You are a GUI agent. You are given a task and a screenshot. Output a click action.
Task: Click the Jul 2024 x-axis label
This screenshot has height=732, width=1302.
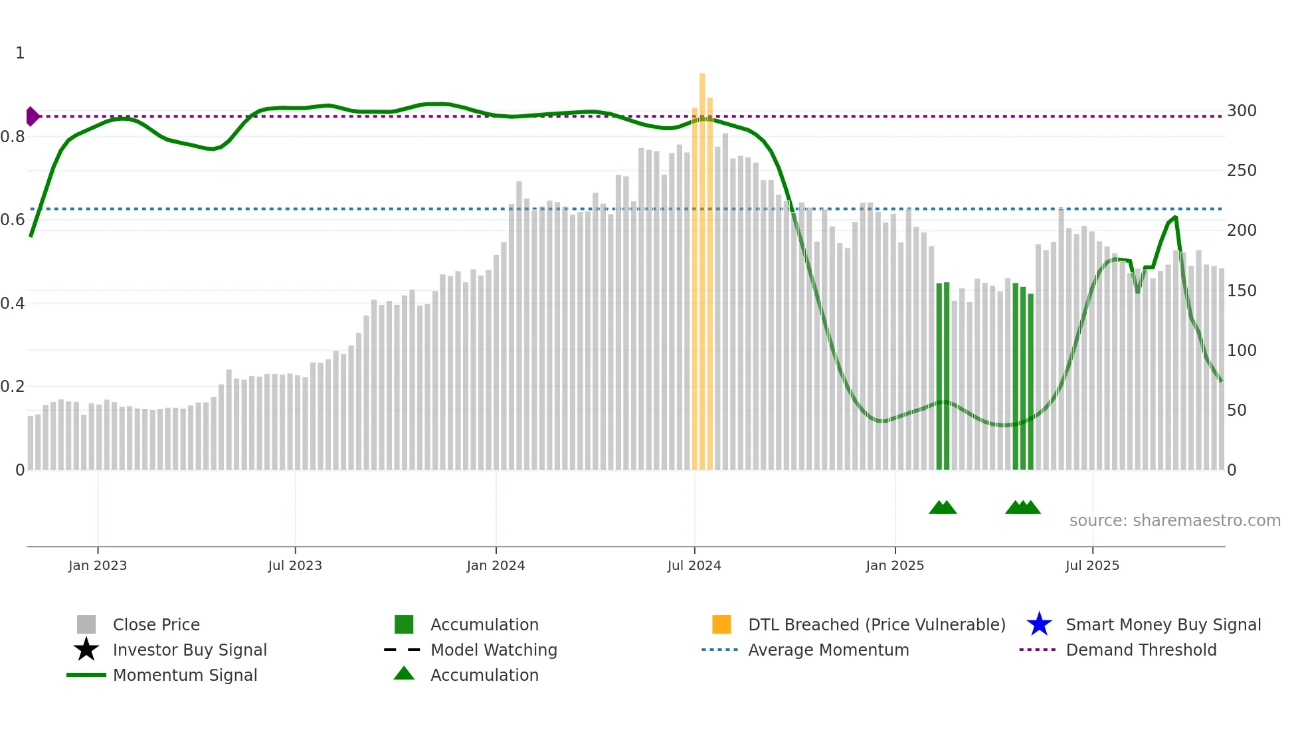coord(694,565)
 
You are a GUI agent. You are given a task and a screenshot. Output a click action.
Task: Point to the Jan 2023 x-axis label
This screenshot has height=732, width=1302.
coord(98,565)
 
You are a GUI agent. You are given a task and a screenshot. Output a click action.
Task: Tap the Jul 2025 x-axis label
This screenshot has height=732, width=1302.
coord(1092,565)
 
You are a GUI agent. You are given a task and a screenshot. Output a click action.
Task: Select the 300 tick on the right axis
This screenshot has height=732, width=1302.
coord(1241,111)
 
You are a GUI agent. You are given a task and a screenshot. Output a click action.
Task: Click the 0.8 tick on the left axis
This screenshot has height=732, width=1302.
coord(13,137)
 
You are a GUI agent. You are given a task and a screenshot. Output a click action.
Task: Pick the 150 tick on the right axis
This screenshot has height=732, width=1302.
coord(1241,291)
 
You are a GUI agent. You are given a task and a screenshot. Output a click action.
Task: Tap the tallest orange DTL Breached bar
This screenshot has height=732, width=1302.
coord(702,266)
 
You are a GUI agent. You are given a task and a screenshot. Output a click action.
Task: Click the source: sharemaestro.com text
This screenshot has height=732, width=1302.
coord(1174,521)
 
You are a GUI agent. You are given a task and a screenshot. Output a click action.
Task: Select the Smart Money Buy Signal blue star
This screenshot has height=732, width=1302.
coord(1039,624)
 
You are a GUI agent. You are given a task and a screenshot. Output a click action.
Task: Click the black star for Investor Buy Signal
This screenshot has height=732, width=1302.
coord(86,650)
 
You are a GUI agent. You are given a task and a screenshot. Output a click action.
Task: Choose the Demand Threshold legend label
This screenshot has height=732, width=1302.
coord(1141,650)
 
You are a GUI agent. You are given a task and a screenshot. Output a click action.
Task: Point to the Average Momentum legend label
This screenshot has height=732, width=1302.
coord(828,650)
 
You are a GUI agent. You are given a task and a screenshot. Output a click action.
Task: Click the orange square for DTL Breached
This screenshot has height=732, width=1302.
coord(721,624)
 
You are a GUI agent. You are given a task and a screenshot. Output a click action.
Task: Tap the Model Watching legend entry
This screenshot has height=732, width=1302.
coord(494,650)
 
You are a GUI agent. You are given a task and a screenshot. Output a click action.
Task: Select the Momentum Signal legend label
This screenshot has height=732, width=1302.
coord(185,675)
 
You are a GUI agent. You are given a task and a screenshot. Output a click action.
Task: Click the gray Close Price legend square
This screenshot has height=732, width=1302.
coord(86,624)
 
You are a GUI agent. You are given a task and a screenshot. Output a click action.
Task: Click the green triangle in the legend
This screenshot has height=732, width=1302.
coord(404,674)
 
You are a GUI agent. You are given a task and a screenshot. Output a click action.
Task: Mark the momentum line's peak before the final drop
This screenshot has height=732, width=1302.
coord(1175,217)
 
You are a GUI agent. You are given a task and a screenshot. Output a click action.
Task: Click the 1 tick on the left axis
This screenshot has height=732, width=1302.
coord(20,53)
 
